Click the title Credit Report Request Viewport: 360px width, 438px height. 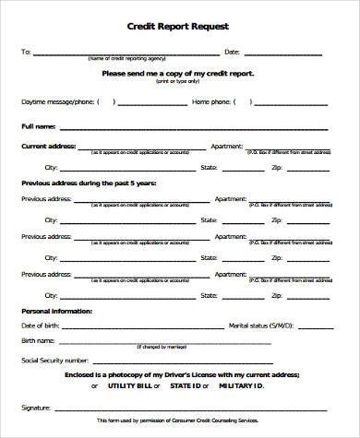[x=178, y=27]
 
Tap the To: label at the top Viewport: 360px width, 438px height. [x=26, y=52]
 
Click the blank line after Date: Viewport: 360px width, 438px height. [x=287, y=53]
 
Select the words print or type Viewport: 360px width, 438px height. [x=178, y=82]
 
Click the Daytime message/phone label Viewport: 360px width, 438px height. [x=56, y=101]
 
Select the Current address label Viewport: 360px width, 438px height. [x=47, y=146]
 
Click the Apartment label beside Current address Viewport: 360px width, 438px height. [x=228, y=146]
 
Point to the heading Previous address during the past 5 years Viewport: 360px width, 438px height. [x=88, y=184]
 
